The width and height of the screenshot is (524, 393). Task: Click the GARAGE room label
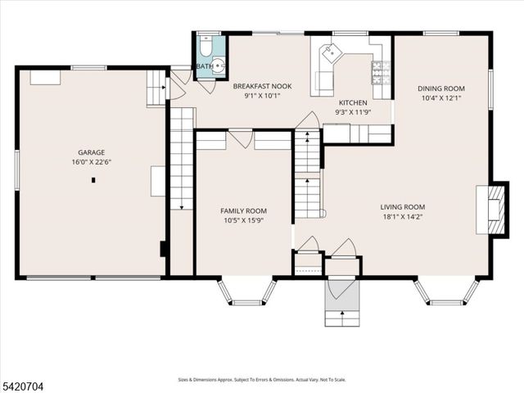(91, 151)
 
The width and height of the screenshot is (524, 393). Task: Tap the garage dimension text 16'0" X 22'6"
(91, 161)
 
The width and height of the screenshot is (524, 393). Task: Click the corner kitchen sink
(332, 52)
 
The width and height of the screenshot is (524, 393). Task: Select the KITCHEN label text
(354, 102)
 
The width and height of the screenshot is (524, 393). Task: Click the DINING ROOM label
(441, 88)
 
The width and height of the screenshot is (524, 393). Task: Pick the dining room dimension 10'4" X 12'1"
(441, 98)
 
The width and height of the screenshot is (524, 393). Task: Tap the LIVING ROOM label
(402, 207)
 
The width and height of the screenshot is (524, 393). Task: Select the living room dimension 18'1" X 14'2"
(402, 218)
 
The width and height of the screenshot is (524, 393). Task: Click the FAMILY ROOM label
(245, 210)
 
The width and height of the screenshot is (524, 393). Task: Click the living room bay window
(446, 293)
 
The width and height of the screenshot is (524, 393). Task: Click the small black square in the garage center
(93, 179)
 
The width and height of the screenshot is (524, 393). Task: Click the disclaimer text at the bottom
(262, 379)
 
